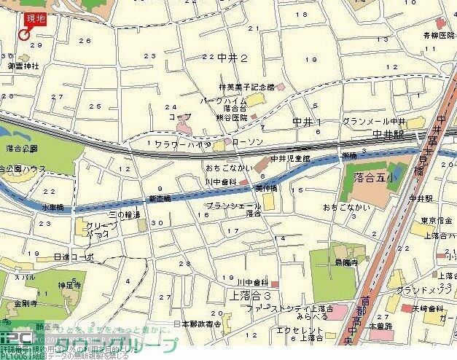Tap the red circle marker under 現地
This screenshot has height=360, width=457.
(x=25, y=34)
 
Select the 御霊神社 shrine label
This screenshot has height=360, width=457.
(x=23, y=66)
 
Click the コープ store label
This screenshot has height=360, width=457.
(x=179, y=117)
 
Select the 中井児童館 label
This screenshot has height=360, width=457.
(x=289, y=158)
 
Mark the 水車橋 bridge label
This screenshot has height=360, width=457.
(x=52, y=207)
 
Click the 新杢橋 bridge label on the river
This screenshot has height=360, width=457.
(x=159, y=198)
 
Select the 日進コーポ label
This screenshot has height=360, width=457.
(x=74, y=257)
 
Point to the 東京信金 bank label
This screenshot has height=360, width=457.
(x=437, y=222)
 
